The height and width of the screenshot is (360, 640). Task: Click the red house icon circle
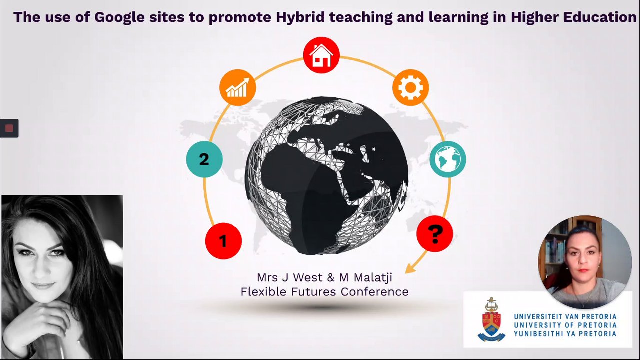(x=321, y=55)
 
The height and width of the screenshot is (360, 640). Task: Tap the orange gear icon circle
(x=410, y=87)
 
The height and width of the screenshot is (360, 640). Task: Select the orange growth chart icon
(x=237, y=87)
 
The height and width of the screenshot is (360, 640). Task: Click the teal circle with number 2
(x=204, y=159)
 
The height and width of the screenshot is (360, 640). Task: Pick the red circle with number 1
(x=223, y=241)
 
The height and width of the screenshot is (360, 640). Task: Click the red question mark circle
(x=435, y=234)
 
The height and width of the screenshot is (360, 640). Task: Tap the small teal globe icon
(x=448, y=159)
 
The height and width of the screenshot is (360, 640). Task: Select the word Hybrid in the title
(x=300, y=17)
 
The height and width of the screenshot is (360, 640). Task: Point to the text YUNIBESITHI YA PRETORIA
(x=565, y=334)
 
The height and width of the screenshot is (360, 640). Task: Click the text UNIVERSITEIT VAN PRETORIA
(x=565, y=317)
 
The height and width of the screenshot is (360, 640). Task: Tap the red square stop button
(x=9, y=128)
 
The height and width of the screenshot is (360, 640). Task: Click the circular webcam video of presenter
(x=584, y=262)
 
